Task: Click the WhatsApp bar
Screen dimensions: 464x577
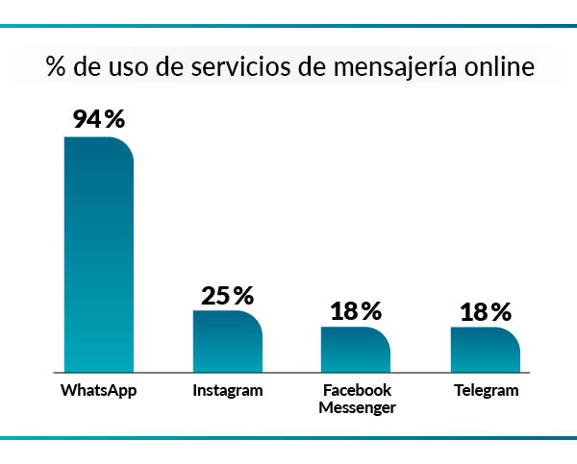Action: (99, 254)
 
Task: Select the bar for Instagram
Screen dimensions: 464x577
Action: (228, 340)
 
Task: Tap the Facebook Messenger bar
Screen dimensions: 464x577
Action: (356, 349)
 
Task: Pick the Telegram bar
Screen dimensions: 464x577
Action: (485, 349)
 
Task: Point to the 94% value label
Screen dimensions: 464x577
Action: (99, 120)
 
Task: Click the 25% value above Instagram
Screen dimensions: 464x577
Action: (228, 295)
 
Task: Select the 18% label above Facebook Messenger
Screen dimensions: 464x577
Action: (356, 311)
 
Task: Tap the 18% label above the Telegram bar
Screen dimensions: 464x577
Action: (485, 311)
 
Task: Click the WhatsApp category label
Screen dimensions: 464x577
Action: (99, 391)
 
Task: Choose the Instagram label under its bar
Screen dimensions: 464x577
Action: (228, 391)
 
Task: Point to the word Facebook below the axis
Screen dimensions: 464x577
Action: (357, 390)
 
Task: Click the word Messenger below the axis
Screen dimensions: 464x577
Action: (357, 407)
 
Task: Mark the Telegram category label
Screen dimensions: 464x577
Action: (485, 391)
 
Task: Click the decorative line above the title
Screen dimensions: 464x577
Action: (288, 27)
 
